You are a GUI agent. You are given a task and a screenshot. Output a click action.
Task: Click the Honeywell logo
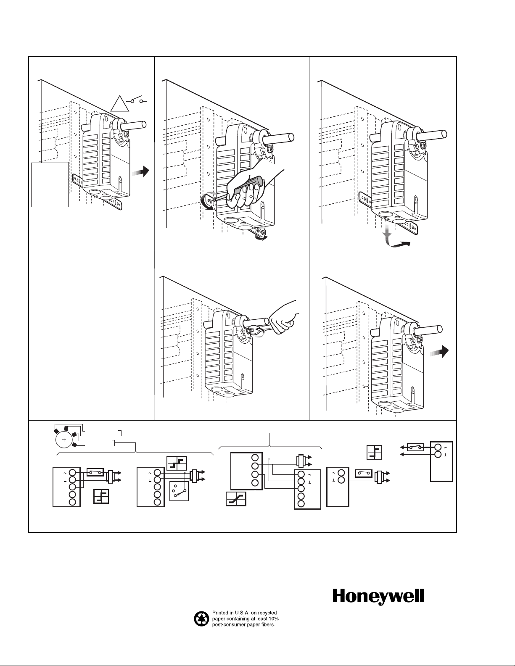coord(378,597)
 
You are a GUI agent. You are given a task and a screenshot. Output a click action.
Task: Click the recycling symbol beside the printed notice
coord(201,619)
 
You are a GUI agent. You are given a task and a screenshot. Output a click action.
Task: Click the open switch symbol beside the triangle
coord(137,101)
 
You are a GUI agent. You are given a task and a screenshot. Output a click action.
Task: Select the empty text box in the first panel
coord(50,184)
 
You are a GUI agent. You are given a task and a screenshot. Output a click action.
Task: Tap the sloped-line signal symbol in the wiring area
coord(236,498)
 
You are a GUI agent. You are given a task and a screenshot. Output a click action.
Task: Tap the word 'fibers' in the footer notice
coord(266,625)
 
